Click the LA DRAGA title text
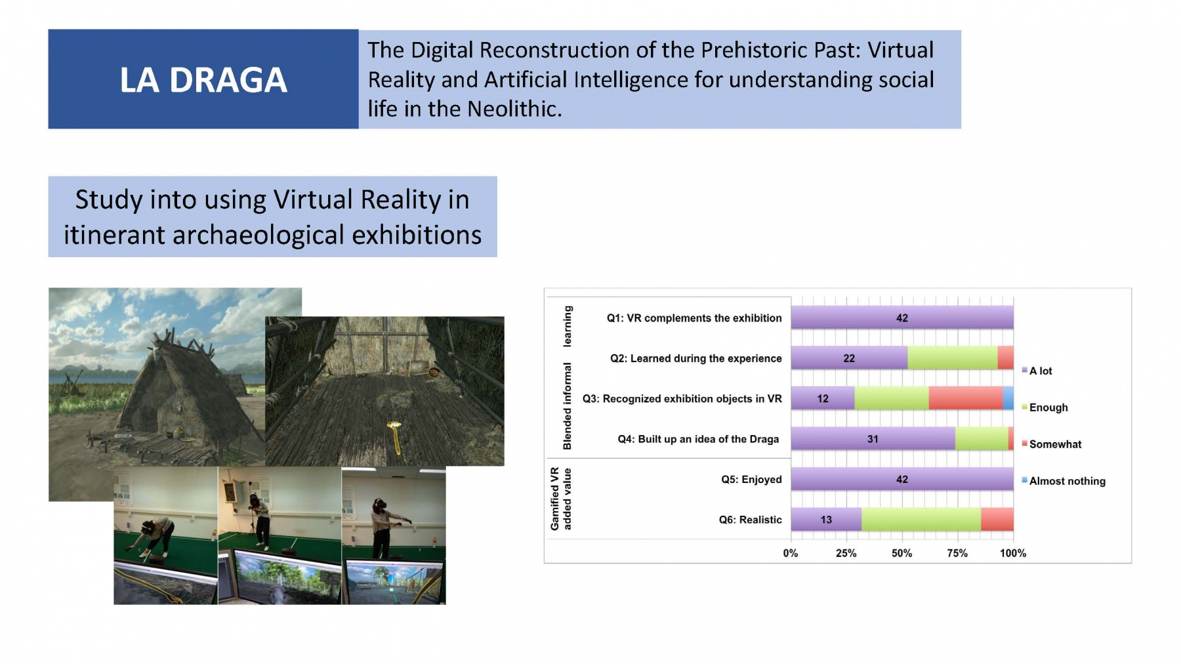click(203, 80)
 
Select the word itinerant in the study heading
click(114, 234)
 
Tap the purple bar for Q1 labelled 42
click(902, 318)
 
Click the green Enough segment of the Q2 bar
click(953, 358)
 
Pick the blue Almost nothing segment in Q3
click(1008, 398)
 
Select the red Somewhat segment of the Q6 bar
click(997, 520)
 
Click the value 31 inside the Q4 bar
click(873, 439)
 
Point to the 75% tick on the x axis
click(957, 553)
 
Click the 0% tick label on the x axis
click(791, 553)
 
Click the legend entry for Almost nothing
click(1063, 481)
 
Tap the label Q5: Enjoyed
click(751, 480)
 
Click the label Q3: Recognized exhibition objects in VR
click(682, 399)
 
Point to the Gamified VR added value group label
click(561, 499)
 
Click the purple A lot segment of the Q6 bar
click(826, 520)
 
